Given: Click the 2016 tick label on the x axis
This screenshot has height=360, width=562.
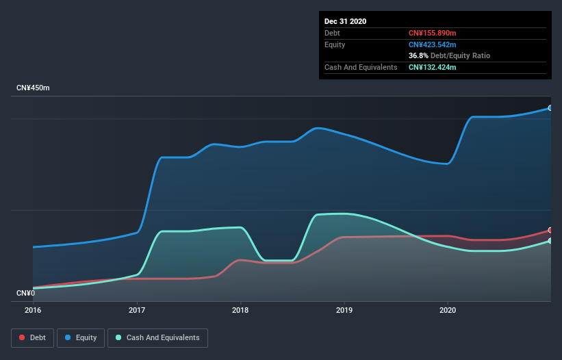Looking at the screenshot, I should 33,310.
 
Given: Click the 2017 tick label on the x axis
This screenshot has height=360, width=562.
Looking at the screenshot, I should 137,310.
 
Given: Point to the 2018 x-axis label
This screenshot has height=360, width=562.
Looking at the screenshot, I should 240,310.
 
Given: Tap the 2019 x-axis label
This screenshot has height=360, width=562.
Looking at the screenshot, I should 344,310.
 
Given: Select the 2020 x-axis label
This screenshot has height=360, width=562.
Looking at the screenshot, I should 448,310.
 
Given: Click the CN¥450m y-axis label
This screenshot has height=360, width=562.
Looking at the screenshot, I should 34,88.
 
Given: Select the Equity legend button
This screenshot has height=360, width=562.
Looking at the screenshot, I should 80,337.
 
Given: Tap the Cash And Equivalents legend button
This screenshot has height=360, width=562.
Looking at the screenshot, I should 157,337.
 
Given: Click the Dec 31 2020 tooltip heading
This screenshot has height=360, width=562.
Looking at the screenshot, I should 345,21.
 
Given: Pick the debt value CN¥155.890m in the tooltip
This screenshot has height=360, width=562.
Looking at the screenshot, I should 433,33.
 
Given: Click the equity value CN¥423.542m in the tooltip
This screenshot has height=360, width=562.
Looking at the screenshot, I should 433,44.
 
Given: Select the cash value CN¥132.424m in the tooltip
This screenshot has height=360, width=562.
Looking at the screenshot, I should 433,67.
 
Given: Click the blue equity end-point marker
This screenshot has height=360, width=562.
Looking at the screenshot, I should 550,108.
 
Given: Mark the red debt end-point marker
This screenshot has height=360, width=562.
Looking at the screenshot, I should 550,230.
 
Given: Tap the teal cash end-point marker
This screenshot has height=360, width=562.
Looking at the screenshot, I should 550,241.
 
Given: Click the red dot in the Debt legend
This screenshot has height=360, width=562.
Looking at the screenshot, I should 23,337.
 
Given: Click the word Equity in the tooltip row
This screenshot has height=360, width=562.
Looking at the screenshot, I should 335,44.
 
